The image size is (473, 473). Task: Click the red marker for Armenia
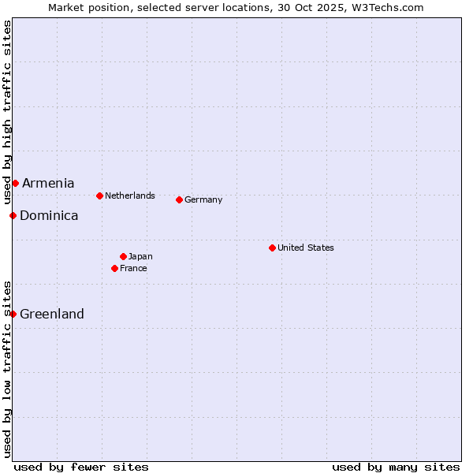[15, 184]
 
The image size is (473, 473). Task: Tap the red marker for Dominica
[13, 215]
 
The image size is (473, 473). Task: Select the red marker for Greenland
[13, 314]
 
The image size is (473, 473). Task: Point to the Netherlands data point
[99, 196]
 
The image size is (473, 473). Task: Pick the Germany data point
[179, 199]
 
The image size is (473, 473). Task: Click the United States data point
[272, 248]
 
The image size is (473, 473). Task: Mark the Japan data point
[123, 256]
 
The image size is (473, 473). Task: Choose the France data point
[115, 268]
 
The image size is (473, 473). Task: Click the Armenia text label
[48, 184]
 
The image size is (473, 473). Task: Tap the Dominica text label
[49, 215]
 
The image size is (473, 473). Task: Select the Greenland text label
[52, 314]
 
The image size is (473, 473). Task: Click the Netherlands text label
[130, 196]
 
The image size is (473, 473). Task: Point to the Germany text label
[203, 199]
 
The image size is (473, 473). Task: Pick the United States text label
[306, 248]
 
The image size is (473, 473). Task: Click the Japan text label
[140, 256]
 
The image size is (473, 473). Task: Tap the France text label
[133, 268]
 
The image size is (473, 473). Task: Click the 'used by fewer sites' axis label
[81, 467]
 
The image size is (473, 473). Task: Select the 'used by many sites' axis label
[396, 467]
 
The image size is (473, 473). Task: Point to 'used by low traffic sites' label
[7, 368]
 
